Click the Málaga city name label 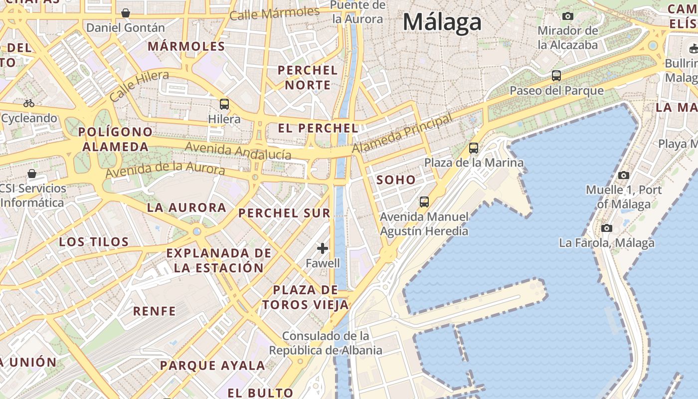[x=442, y=22]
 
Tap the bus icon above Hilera [x=224, y=104]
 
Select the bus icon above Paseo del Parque [x=556, y=76]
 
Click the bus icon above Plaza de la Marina [x=474, y=148]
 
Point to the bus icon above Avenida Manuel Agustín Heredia [x=424, y=202]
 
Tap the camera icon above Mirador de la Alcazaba [x=567, y=16]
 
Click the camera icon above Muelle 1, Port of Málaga [x=624, y=175]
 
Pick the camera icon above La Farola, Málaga [x=607, y=228]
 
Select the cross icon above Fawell [x=323, y=248]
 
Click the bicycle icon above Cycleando [x=29, y=104]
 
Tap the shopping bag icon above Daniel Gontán [x=126, y=13]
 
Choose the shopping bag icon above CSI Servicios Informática [x=32, y=174]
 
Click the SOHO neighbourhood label [x=396, y=180]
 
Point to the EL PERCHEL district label [x=318, y=128]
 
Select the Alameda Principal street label [x=402, y=133]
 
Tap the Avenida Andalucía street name [x=238, y=151]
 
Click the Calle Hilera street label [x=139, y=86]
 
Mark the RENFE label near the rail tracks [x=155, y=311]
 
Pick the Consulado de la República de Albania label [x=326, y=343]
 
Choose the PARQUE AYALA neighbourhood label [x=213, y=366]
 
